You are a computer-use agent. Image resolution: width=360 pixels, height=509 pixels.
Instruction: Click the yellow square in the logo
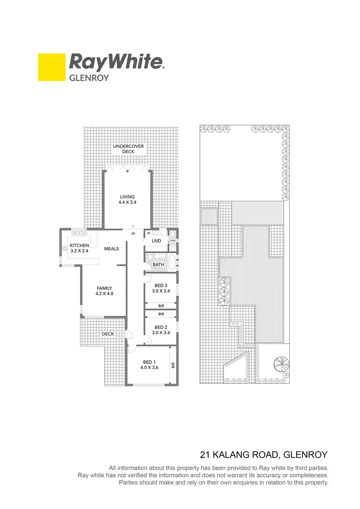coord(51,67)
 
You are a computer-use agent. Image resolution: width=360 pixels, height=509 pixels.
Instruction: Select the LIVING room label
coord(127,197)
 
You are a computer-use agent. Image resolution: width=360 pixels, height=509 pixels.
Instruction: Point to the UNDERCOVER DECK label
coord(128,149)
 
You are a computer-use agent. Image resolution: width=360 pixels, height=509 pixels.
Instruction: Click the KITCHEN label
coord(79,246)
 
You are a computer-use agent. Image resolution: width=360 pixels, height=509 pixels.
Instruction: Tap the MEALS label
coord(111,249)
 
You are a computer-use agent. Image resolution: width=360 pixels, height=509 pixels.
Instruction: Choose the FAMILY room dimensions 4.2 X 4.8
coord(105,294)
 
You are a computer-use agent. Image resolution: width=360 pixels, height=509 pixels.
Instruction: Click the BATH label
coord(158,264)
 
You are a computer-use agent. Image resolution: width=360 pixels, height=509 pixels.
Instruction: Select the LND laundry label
coord(157,241)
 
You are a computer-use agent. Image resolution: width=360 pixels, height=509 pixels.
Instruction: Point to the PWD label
coord(172,240)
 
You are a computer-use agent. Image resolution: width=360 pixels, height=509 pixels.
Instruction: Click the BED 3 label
coord(160,286)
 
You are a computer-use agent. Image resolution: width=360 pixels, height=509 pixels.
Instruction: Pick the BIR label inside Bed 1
coord(173,365)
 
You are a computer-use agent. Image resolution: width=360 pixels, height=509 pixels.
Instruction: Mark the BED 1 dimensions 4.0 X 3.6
coord(151,368)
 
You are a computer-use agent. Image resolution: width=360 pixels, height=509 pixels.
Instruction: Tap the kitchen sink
coord(79,232)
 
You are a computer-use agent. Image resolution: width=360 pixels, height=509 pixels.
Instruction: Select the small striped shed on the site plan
coord(209,217)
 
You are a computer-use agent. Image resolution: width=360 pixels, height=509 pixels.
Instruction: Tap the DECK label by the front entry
coord(108,334)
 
